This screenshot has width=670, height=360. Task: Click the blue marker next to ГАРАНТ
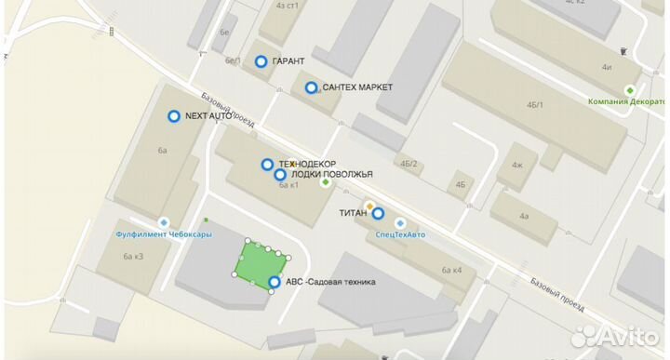pyautogui.click(x=261, y=61)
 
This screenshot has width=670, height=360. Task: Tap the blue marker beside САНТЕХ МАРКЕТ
pyautogui.click(x=311, y=87)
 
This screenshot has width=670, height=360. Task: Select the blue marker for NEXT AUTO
pyautogui.click(x=173, y=116)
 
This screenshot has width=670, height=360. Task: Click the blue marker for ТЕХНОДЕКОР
pyautogui.click(x=267, y=165)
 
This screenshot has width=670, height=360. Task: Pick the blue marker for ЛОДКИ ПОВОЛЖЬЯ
pyautogui.click(x=279, y=174)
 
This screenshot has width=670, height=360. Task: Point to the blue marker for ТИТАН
pyautogui.click(x=378, y=213)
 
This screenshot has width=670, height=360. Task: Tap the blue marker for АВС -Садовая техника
pyautogui.click(x=274, y=283)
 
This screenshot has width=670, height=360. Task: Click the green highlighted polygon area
pyautogui.click(x=256, y=265)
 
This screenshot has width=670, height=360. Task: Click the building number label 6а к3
pyautogui.click(x=131, y=256)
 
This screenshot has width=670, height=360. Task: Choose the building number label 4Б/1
pyautogui.click(x=534, y=104)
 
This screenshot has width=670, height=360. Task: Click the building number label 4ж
pyautogui.click(x=517, y=167)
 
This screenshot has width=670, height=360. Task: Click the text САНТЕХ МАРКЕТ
pyautogui.click(x=358, y=87)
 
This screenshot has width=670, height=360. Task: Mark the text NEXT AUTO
pyautogui.click(x=208, y=116)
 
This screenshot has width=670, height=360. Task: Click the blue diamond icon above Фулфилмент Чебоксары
pyautogui.click(x=165, y=221)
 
